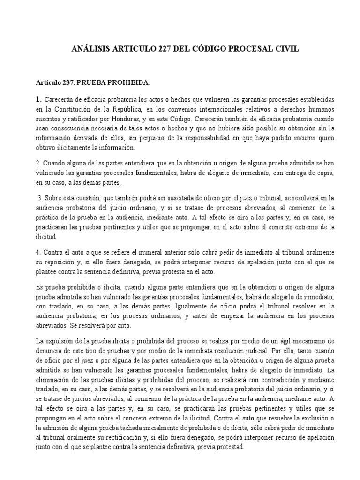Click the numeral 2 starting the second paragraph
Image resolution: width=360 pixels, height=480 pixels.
(x=37, y=164)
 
